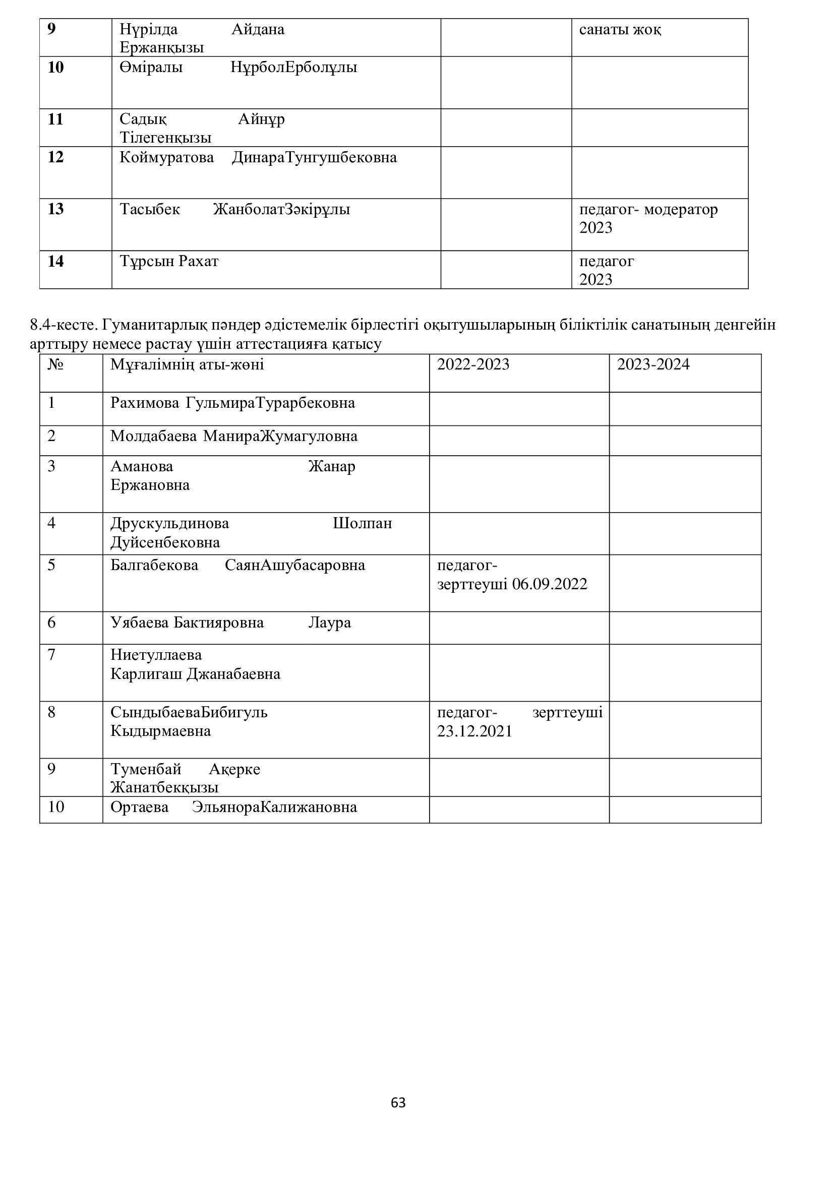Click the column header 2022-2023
(473, 364)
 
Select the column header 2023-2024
(652, 364)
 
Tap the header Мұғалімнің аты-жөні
(187, 364)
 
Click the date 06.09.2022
(550, 584)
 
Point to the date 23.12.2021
(474, 731)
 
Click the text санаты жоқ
(620, 30)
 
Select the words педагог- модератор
(648, 210)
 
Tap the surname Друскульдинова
(169, 523)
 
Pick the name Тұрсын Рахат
(169, 262)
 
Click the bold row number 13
(55, 209)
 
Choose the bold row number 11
(55, 119)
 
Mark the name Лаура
(330, 623)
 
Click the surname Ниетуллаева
(156, 655)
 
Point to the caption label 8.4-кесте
(64, 325)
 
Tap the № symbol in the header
(55, 364)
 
